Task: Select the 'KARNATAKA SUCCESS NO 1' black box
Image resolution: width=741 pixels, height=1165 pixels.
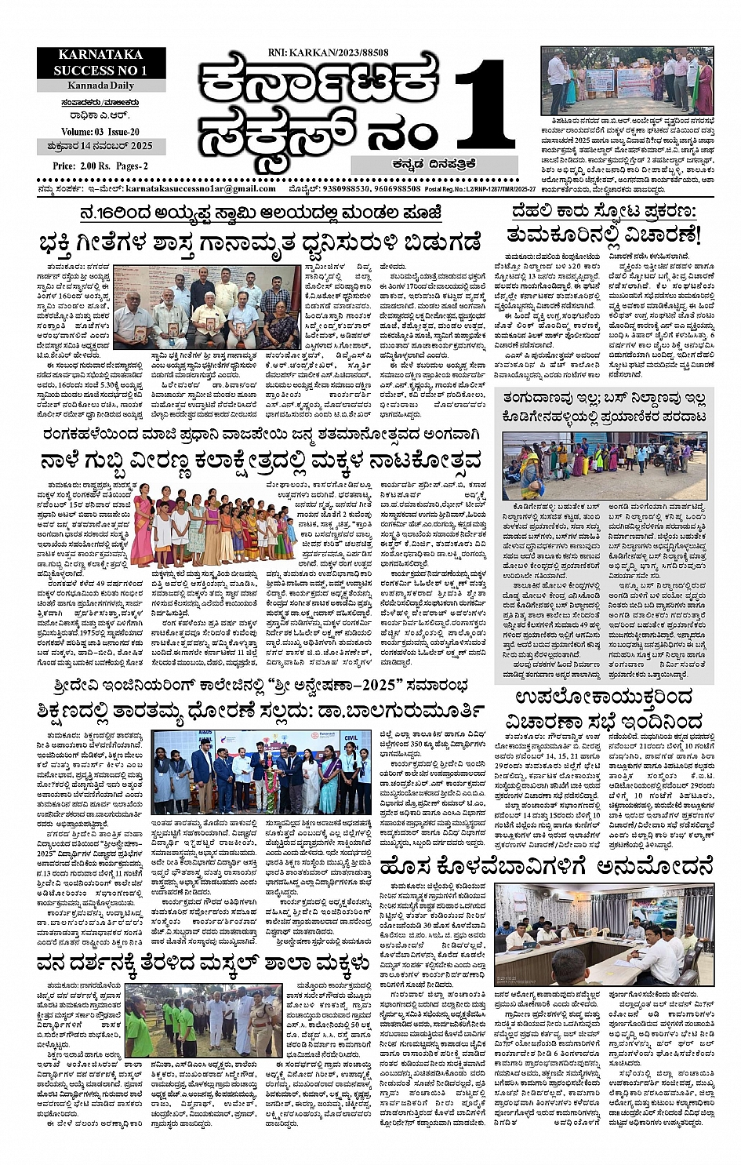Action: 90,63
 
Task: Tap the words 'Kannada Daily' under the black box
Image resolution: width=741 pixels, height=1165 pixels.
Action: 89,85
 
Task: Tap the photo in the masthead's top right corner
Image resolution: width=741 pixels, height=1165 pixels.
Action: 627,82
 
